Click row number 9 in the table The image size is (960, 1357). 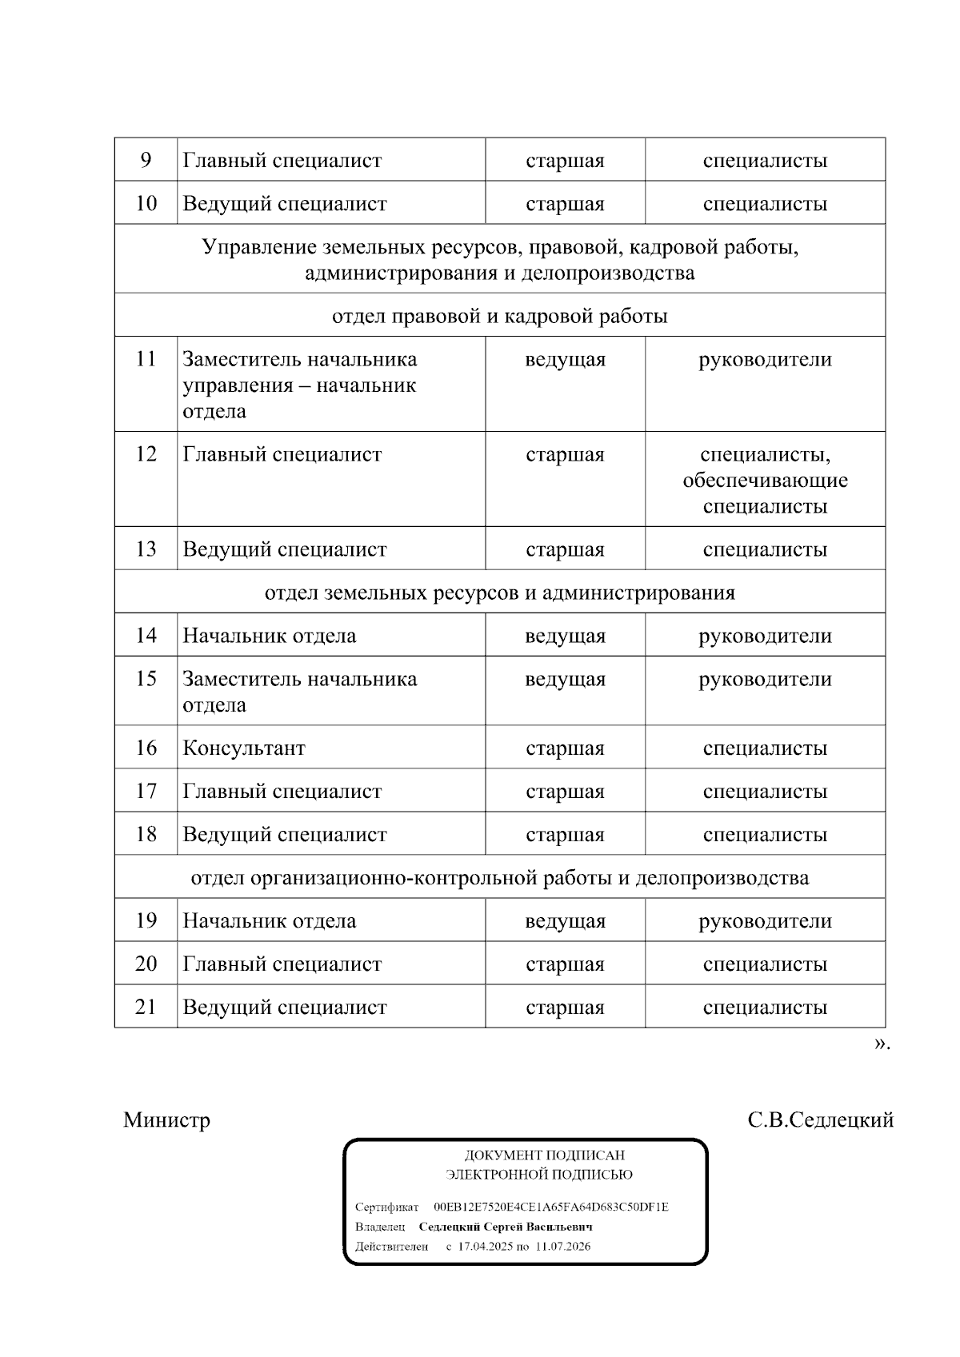click(x=146, y=160)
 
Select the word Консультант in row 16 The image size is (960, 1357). click(x=244, y=748)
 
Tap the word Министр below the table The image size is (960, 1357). click(x=166, y=1120)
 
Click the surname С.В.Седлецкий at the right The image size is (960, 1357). click(x=820, y=1120)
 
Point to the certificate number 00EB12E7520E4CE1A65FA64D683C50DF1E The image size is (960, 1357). click(x=550, y=1207)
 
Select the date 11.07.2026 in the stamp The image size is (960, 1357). click(x=563, y=1246)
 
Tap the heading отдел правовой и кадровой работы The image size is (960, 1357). click(x=499, y=316)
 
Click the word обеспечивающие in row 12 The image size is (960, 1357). click(x=765, y=481)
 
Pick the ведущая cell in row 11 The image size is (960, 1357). click(x=565, y=360)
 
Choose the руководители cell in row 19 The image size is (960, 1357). click(x=765, y=921)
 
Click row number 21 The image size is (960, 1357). click(x=146, y=1007)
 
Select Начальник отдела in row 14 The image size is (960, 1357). click(x=270, y=637)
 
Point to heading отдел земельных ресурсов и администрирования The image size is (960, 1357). click(x=499, y=593)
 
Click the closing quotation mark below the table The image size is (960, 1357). click(x=880, y=1044)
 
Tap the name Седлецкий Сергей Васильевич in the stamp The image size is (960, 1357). click(x=506, y=1227)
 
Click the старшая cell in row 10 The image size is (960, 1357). click(x=565, y=204)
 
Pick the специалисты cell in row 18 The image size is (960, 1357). click(x=765, y=835)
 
